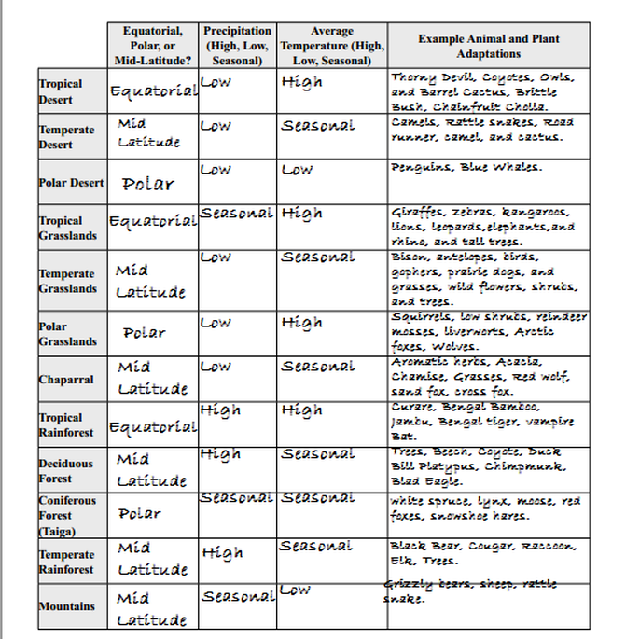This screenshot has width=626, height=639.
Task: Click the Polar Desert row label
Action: [x=71, y=183]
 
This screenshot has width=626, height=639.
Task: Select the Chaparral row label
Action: [x=66, y=380]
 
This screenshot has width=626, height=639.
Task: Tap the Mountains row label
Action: [x=66, y=606]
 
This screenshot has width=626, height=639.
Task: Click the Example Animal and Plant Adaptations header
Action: [x=489, y=46]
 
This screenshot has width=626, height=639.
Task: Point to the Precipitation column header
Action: [x=238, y=46]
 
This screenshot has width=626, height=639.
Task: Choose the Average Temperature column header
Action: [x=332, y=46]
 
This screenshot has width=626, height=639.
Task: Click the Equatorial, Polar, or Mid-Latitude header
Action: [x=153, y=46]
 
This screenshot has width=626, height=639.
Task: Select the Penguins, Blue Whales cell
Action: [x=466, y=168]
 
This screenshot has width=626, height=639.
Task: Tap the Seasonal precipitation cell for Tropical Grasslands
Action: [x=237, y=214]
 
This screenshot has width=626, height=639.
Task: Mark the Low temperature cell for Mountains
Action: [x=296, y=590]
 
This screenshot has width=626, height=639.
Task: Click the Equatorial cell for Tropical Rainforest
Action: [x=153, y=427]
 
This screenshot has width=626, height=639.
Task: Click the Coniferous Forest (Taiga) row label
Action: [x=67, y=515]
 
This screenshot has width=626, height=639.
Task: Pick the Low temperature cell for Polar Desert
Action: [x=298, y=170]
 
